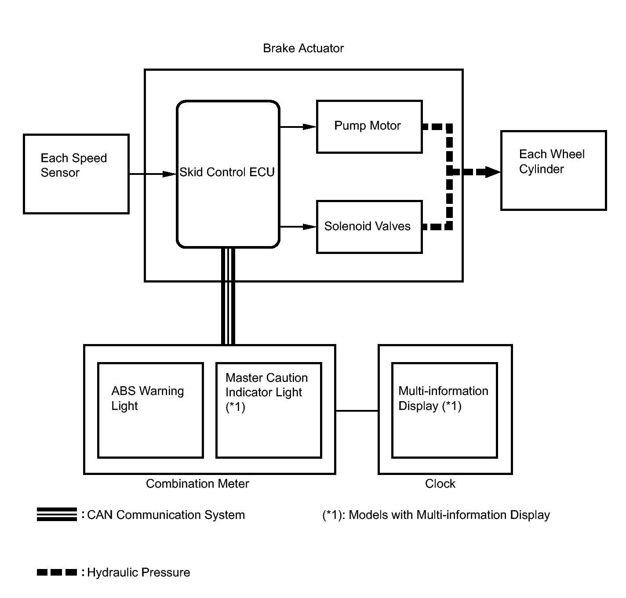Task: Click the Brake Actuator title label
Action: point(303,48)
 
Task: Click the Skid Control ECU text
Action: point(227,172)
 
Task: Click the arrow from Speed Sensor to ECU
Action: point(153,174)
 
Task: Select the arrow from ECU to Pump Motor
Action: point(298,127)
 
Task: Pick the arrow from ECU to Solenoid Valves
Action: point(298,227)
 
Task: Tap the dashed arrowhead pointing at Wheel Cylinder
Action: point(492,172)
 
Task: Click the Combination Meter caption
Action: point(197,484)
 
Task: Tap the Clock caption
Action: point(440,484)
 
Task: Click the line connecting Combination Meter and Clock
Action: point(357,410)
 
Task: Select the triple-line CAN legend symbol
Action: point(57,514)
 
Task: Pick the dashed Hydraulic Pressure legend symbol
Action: point(57,572)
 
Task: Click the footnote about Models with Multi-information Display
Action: point(436,515)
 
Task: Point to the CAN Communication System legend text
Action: point(166,515)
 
